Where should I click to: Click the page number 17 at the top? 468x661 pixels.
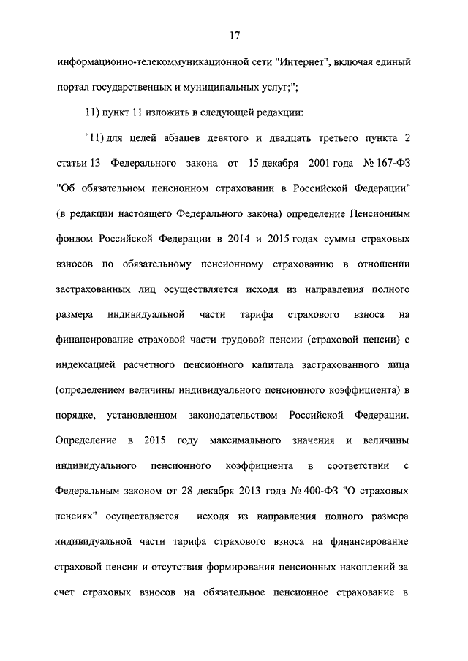[234, 35]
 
